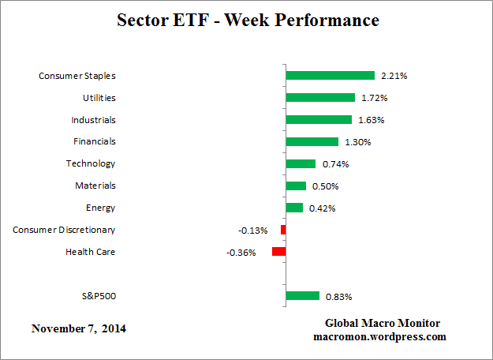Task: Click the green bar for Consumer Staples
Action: pyautogui.click(x=330, y=76)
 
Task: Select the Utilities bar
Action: pyautogui.click(x=320, y=98)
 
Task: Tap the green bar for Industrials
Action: pyautogui.click(x=319, y=120)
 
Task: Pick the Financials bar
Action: pyautogui.click(x=312, y=141)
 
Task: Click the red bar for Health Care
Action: pyautogui.click(x=278, y=252)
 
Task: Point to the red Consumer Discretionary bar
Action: pyautogui.click(x=283, y=230)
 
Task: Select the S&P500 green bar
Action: pyautogui.click(x=303, y=296)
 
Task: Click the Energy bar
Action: pyautogui.click(x=294, y=208)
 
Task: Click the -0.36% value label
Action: pyautogui.click(x=241, y=253)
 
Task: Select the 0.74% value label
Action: pyautogui.click(x=335, y=164)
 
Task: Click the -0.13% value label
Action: pyautogui.click(x=252, y=231)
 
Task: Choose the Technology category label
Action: pyautogui.click(x=91, y=163)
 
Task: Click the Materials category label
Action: pyautogui.click(x=95, y=186)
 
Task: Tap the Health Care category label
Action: pyautogui.click(x=90, y=252)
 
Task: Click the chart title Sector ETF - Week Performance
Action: pyautogui.click(x=248, y=20)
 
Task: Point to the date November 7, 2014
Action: pyautogui.click(x=79, y=328)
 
